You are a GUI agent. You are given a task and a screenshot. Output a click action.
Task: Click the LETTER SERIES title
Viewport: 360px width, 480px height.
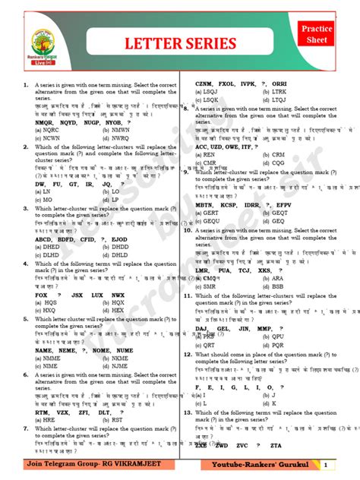(x=180, y=43)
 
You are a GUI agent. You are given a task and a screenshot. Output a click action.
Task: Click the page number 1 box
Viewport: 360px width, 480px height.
(x=325, y=465)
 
